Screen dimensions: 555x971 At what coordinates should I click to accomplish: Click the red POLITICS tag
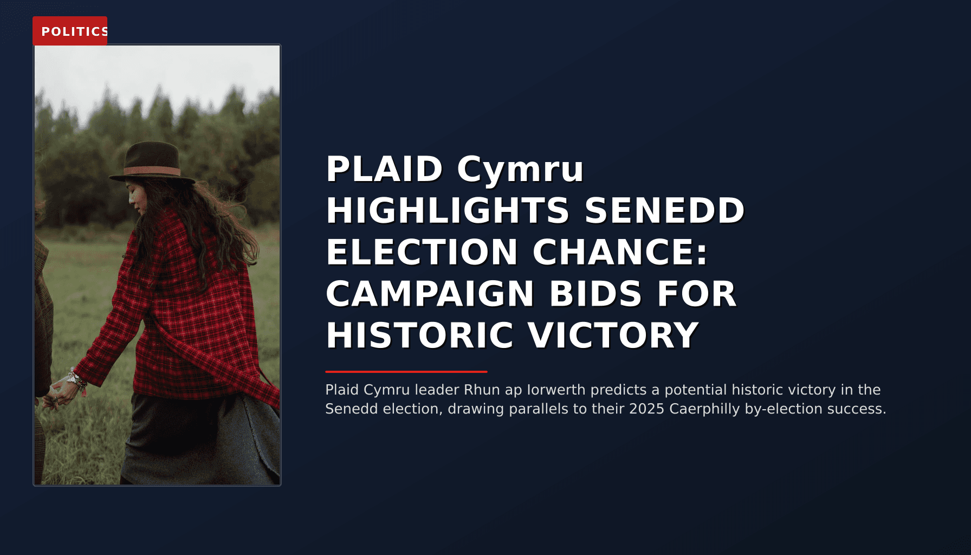70,31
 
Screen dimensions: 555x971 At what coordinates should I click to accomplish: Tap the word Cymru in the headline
520,169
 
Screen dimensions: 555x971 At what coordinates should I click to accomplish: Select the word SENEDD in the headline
664,211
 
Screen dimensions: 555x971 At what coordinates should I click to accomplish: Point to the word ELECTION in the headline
422,253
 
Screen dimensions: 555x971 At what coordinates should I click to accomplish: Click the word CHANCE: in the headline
620,253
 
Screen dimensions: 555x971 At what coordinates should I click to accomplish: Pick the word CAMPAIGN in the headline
430,294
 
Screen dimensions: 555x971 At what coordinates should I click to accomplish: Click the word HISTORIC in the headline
419,336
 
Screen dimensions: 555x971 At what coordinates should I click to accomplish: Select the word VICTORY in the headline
613,336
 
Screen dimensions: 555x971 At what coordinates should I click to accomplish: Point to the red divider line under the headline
406,372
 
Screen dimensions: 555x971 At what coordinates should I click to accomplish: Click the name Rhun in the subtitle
482,390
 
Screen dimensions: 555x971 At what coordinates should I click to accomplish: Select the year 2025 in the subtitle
647,409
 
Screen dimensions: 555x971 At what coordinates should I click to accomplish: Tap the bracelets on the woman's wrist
77,379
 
